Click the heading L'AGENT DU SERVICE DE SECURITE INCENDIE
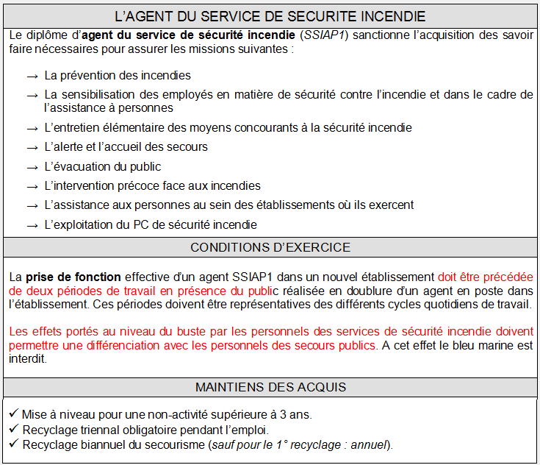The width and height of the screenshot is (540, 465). (270, 15)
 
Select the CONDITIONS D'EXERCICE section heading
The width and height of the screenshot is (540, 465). (270, 247)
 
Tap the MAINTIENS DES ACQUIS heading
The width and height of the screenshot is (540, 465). (270, 387)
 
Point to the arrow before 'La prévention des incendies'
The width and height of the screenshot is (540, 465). (32, 76)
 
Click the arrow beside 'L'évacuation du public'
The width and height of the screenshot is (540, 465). (32, 167)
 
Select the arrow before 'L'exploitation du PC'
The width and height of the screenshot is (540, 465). (32, 225)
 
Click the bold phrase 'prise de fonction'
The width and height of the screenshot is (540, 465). (73, 277)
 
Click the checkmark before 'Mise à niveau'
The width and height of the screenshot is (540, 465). (15, 413)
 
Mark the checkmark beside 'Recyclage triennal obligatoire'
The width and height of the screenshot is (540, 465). (15, 429)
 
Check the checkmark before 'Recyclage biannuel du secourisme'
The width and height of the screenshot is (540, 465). (15, 444)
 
